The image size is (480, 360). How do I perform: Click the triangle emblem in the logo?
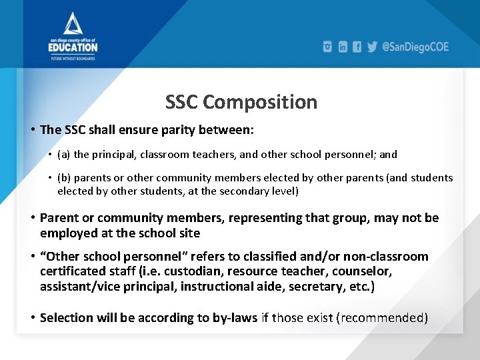coord(73,23)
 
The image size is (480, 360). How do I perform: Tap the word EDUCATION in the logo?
coord(73,47)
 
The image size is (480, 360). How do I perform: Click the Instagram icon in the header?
coord(327,47)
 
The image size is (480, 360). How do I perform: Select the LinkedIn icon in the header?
coord(343,47)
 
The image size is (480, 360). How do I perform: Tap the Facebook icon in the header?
coord(357,47)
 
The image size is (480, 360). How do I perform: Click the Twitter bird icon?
coord(372,47)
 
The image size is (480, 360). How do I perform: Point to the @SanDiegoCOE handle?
coord(415,47)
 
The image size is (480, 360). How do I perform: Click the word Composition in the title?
coord(260,102)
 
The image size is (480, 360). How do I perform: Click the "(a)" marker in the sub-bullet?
coord(64,155)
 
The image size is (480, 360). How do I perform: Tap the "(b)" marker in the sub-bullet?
coord(64,178)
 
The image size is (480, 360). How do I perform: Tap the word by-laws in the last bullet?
coord(234,317)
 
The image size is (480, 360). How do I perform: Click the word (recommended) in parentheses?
coord(383,317)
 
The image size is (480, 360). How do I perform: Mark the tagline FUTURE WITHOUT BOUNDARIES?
coord(73,58)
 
